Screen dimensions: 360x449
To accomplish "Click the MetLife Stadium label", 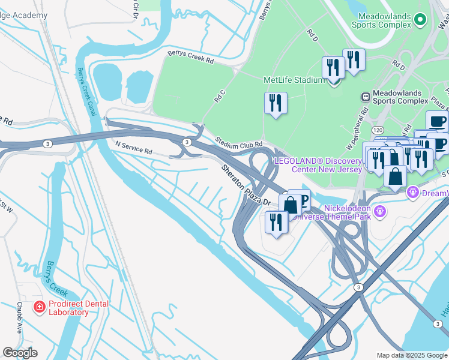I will pyautogui.click(x=294, y=80).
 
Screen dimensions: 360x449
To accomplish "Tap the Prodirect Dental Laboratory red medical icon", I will pyautogui.click(x=40, y=308).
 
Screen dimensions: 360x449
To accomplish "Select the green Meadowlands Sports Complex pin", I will pyautogui.click(x=420, y=19).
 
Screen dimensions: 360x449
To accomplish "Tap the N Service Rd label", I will pyautogui.click(x=133, y=146).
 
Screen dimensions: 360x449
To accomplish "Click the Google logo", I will pyautogui.click(x=20, y=353).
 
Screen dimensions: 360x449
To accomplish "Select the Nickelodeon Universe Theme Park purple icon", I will pyautogui.click(x=379, y=211).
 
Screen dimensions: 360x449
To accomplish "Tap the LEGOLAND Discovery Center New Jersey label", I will pyautogui.click(x=318, y=165).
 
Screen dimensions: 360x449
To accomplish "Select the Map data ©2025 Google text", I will pyautogui.click(x=411, y=355).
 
